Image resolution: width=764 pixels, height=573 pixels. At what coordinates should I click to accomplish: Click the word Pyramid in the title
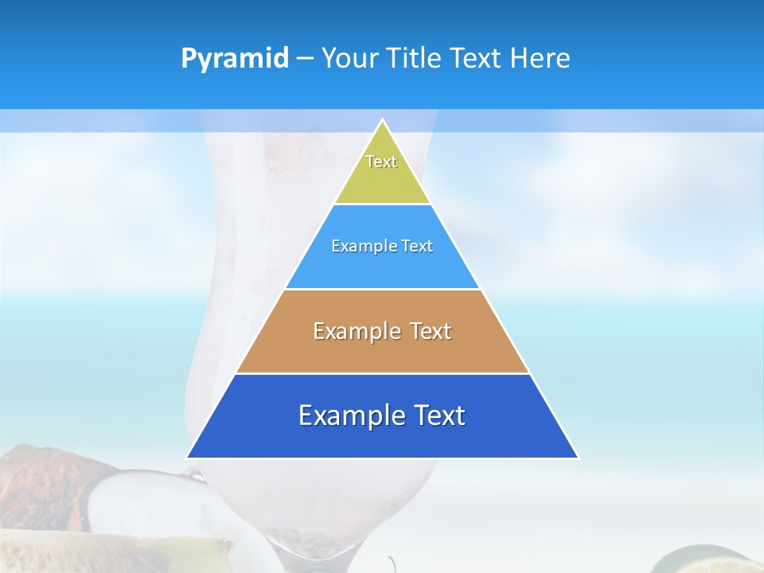click(234, 59)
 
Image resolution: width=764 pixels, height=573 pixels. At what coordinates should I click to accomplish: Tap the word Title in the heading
click(415, 59)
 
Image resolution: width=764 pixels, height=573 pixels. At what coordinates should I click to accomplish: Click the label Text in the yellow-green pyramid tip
click(381, 162)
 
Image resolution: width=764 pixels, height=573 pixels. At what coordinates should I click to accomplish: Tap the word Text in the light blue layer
click(417, 246)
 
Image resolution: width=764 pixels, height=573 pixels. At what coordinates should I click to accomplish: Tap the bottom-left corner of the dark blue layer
click(188, 457)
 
